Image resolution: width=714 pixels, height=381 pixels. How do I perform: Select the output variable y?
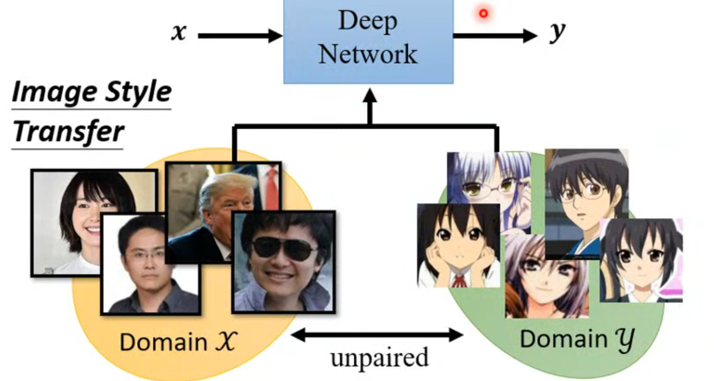pos(557,32)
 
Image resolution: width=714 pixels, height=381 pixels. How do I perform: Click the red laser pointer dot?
pos(483,14)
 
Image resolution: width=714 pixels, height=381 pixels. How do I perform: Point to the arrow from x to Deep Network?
pos(239,36)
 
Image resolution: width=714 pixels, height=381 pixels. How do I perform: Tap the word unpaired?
pos(379,358)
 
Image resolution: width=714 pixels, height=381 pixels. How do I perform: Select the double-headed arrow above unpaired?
pos(377,335)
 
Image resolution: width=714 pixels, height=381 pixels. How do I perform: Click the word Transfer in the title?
pos(69,132)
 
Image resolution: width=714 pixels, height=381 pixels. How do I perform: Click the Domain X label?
pos(178,342)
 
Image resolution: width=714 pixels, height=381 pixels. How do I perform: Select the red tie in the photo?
pos(271,186)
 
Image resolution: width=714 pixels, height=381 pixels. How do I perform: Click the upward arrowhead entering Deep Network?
pos(370,96)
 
